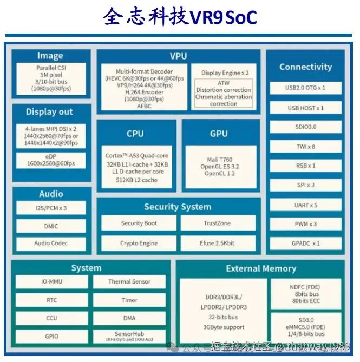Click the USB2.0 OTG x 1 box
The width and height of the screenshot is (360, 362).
click(x=305, y=88)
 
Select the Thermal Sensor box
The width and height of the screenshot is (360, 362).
click(x=129, y=281)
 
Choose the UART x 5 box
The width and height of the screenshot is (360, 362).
click(x=305, y=205)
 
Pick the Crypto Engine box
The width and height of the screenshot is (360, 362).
click(x=139, y=243)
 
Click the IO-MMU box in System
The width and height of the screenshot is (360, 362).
click(x=51, y=281)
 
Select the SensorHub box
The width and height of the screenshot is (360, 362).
click(x=129, y=335)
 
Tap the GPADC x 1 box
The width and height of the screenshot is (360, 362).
click(x=305, y=243)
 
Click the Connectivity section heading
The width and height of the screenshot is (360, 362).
click(x=305, y=67)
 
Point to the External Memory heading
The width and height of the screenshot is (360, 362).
click(x=261, y=268)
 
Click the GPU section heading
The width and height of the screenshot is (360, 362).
click(x=219, y=134)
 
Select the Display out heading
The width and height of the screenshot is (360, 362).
click(x=49, y=112)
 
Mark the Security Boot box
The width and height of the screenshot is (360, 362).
click(x=139, y=223)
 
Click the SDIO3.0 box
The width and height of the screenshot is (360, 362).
click(x=305, y=127)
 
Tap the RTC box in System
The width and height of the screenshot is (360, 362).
click(x=51, y=300)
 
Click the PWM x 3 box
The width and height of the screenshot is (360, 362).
click(x=305, y=224)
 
